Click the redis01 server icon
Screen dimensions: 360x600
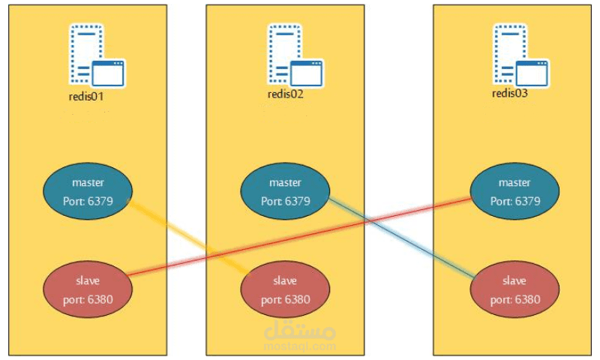point(96,56)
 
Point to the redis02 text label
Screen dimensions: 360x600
point(286,94)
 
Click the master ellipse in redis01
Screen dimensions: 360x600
point(88,192)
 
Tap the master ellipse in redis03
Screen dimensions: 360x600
point(514,192)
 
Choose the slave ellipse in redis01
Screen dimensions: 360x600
point(88,289)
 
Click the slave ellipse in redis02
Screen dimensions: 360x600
point(286,289)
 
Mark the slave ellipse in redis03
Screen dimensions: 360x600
point(514,289)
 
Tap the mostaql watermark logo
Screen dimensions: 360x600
point(301,334)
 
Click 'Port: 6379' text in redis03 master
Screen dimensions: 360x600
point(514,201)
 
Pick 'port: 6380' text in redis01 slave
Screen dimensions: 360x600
point(88,299)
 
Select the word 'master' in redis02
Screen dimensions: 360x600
point(286,182)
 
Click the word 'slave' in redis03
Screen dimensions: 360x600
point(514,280)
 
